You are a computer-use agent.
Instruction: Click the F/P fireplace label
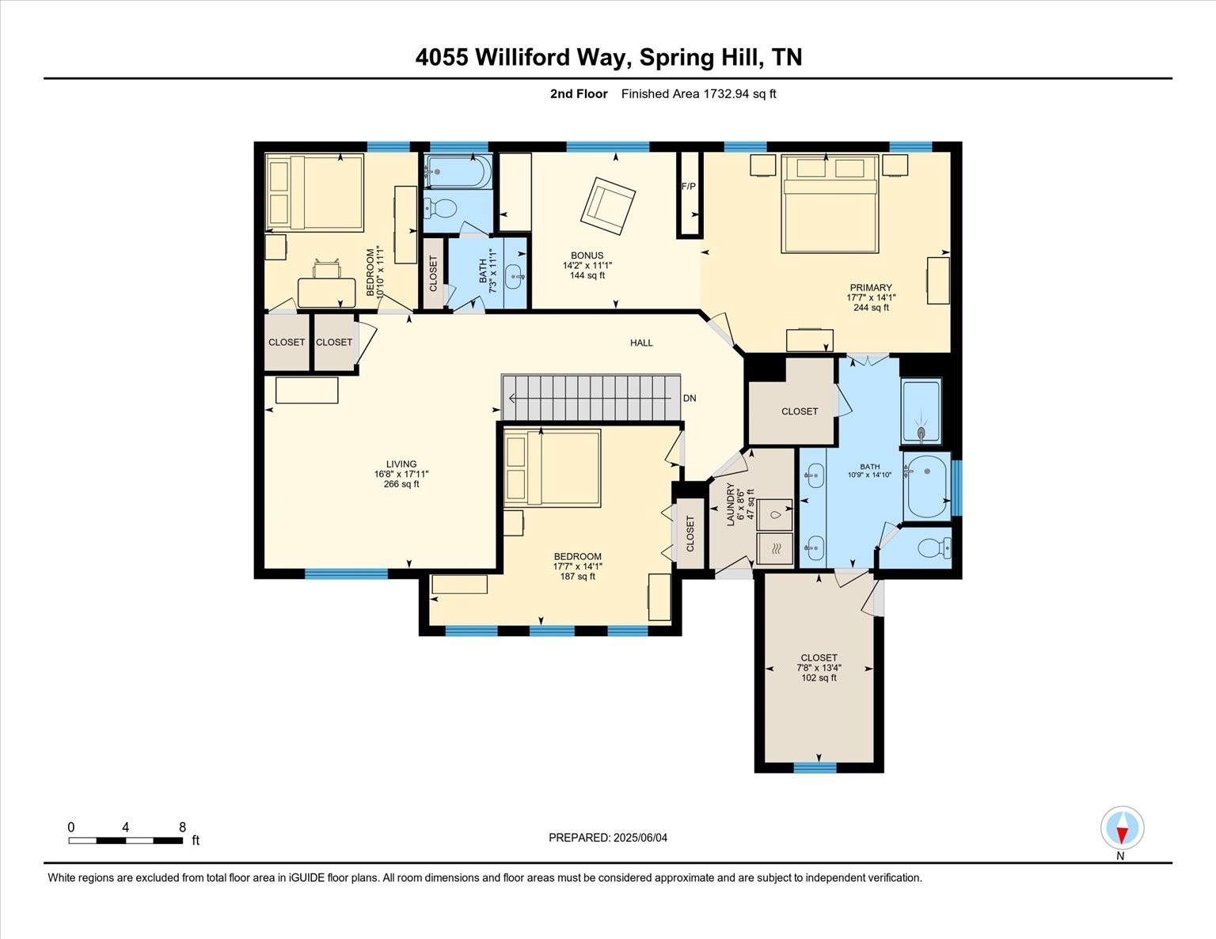coord(688,186)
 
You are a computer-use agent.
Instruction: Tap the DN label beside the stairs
coord(690,399)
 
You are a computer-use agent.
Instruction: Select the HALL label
coord(641,343)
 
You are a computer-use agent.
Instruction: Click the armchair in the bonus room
coord(608,206)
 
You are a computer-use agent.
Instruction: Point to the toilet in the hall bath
coord(440,209)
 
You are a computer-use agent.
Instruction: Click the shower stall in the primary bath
coord(921,411)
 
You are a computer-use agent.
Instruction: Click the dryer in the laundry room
coord(774,549)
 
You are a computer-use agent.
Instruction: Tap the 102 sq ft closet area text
coord(819,678)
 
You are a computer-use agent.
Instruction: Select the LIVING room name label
coord(401,464)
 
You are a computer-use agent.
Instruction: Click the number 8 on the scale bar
coord(182,827)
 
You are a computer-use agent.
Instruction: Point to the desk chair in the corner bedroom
coord(327,269)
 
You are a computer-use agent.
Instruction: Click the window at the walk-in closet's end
coord(815,767)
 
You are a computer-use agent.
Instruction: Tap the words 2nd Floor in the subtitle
coord(579,94)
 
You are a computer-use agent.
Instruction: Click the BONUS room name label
coord(587,256)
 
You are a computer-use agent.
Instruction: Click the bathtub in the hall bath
coord(458,171)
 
